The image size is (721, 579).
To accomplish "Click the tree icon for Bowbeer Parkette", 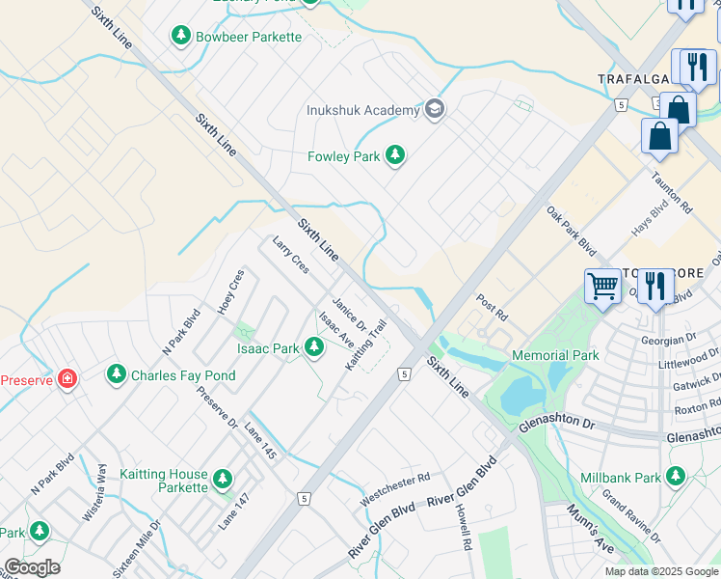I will (180, 37).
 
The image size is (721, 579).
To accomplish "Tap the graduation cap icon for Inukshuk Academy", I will (435, 108).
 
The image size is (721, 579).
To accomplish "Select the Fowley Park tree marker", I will (394, 154).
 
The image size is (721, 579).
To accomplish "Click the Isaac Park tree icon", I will (313, 347).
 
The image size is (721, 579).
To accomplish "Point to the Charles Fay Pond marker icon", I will (117, 373).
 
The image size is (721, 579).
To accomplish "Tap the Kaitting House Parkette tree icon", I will (223, 479).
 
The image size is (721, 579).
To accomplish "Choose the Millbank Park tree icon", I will (676, 477).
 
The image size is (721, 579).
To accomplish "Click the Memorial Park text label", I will (555, 355).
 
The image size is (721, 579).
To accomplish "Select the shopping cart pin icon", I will (602, 286).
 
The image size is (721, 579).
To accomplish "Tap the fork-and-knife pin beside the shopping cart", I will (655, 286).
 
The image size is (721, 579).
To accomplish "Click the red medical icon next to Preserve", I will (67, 378).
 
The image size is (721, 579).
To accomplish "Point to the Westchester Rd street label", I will (394, 489).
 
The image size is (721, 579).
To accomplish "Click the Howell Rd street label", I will (464, 527).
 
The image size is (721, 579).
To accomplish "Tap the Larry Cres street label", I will (290, 255).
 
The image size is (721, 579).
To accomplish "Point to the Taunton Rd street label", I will (672, 193).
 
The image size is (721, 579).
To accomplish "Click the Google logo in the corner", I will (32, 567).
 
